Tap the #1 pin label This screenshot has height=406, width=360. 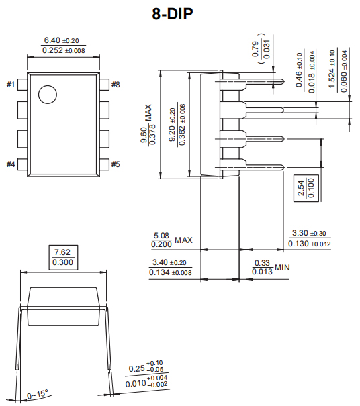tap(11, 85)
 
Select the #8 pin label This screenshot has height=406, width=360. tap(116, 85)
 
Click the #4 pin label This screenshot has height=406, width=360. tap(11, 164)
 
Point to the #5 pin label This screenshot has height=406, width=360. tap(116, 164)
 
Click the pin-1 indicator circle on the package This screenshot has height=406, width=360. tap(48, 95)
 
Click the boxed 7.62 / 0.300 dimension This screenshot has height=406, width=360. tap(64, 257)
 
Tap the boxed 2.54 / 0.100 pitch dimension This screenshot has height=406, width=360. tap(301, 189)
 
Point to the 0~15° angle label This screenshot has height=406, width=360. tap(38, 394)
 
